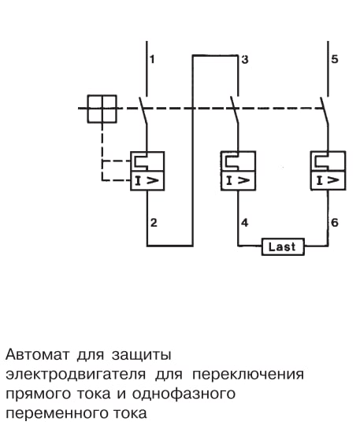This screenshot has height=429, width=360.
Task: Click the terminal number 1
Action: point(152,59)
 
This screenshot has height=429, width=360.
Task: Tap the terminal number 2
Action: point(154,223)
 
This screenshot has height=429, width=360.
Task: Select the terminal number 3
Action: point(245,60)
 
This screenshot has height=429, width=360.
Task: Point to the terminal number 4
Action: point(244,223)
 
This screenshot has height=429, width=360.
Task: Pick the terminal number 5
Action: point(335,59)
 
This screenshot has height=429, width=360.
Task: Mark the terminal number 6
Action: point(335,223)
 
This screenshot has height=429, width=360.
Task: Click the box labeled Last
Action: point(283,247)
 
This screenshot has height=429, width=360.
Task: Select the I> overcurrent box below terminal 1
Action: point(147,180)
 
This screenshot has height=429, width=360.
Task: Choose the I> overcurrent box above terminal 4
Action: point(238,180)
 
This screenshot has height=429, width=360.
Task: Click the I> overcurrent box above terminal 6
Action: point(328,180)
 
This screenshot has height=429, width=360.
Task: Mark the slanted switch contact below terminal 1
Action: point(143,110)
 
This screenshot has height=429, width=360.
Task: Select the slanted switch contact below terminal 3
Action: point(235,110)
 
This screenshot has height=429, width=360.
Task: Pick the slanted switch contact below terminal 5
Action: point(325,110)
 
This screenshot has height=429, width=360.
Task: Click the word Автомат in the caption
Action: point(38,354)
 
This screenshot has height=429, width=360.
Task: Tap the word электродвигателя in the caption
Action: point(76,374)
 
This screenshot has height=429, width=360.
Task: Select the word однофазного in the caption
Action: point(184,394)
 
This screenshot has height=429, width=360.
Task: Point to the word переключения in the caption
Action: point(248,374)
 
